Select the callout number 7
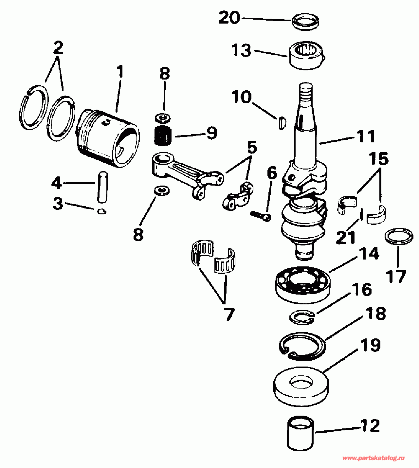pyautogui.click(x=229, y=315)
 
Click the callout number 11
pyautogui.click(x=366, y=136)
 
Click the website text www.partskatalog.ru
pyautogui.click(x=373, y=458)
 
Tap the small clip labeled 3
pyautogui.click(x=102, y=211)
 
